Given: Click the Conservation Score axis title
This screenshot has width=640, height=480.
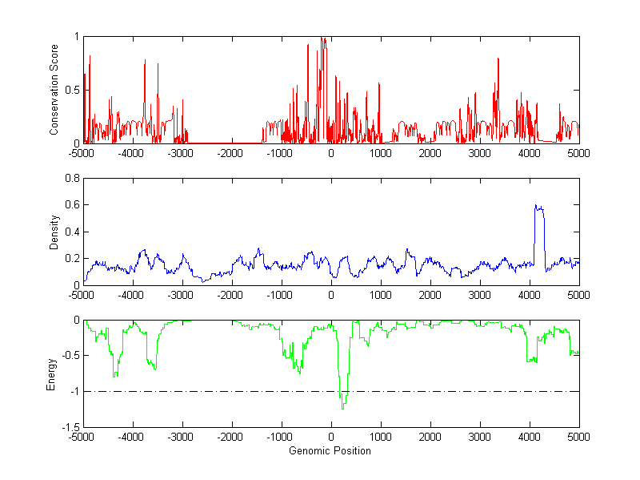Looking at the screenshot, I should point(54,90).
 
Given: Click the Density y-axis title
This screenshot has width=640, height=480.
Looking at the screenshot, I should point(54,232).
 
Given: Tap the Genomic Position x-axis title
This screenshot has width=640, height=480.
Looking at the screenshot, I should point(330,451).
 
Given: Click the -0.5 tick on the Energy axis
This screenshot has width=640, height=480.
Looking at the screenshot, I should point(70,356).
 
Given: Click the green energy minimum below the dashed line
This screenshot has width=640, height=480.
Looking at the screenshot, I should point(343,408).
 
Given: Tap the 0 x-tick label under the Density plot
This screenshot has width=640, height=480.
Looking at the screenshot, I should point(331,294).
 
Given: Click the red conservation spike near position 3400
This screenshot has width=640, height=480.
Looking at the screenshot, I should point(498,59).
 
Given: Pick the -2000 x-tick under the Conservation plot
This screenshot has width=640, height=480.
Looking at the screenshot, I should point(231,152).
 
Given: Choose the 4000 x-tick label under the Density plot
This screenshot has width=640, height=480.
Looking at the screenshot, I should point(529,294).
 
